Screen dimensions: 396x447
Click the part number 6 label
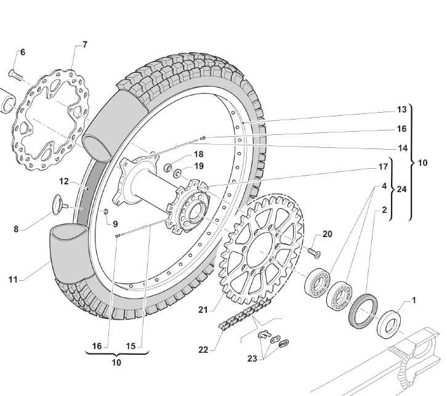[x=23, y=52]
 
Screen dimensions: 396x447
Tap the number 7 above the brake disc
[x=84, y=44]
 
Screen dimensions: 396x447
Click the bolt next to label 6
[x=15, y=75]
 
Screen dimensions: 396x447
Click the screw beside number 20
[x=314, y=251]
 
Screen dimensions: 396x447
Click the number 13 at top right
[x=401, y=110]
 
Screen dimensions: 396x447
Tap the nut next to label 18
[x=166, y=166]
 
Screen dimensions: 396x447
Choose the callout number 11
[x=13, y=279]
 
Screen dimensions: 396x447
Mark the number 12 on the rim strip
[x=65, y=182]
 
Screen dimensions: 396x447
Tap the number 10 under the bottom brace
[x=116, y=363]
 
